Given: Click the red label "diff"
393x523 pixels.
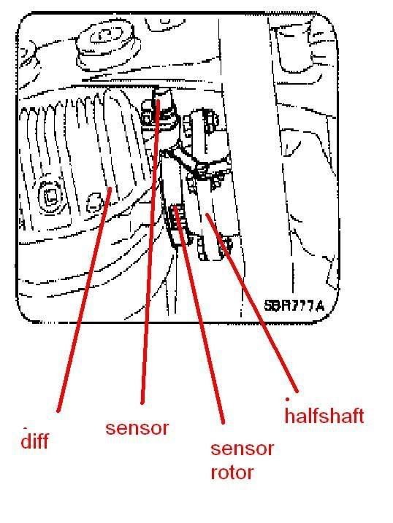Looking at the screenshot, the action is (34, 441).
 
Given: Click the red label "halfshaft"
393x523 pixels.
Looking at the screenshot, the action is (324, 415).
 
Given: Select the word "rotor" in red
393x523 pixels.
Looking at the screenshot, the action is (232, 472).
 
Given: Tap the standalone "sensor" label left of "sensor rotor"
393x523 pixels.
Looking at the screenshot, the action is (137, 428).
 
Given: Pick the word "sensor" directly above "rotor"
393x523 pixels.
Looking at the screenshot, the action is (242, 449).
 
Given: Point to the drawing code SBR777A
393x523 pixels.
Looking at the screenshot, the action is (294, 306).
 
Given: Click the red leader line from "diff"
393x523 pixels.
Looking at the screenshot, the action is (84, 300).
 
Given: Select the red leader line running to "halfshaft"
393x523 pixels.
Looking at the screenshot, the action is (251, 303).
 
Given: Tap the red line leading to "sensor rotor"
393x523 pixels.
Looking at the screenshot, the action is (199, 315).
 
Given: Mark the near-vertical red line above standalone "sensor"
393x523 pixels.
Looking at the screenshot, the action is (150, 251).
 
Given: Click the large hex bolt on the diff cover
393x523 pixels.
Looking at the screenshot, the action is (51, 198).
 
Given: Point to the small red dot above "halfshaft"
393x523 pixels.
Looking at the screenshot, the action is (287, 398).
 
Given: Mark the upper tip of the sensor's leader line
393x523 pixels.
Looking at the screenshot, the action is (159, 100).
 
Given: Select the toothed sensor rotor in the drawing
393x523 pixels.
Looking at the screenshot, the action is (177, 219).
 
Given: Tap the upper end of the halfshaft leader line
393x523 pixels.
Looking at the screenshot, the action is (207, 214).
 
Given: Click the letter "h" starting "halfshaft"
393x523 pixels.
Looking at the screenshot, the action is (289, 415).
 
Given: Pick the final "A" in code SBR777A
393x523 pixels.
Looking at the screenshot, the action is (319, 306).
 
